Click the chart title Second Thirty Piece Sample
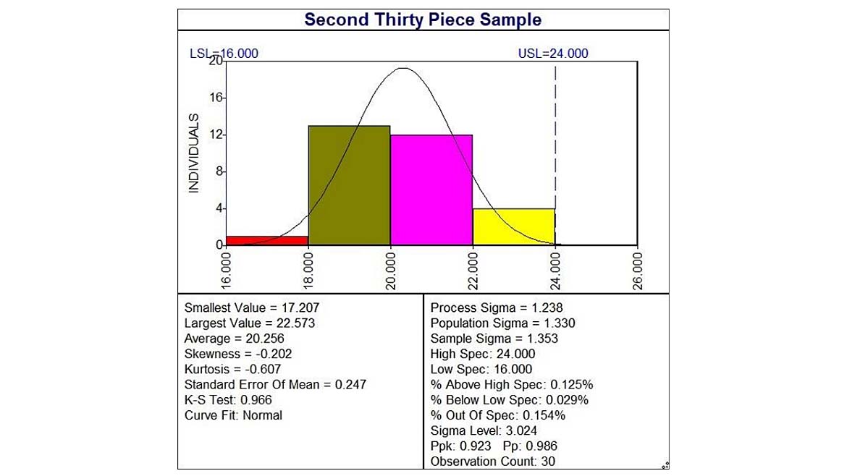(423, 20)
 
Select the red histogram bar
(267, 241)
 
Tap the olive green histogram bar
(350, 186)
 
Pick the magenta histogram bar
(431, 190)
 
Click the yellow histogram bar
(514, 226)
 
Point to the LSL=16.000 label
(224, 54)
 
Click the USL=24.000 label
(553, 54)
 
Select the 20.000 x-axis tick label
(390, 271)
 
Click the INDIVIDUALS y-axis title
(193, 153)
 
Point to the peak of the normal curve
(403, 68)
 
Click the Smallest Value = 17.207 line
(252, 307)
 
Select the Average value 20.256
(265, 339)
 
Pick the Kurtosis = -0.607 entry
(232, 369)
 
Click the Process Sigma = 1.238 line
(497, 307)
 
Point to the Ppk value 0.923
(476, 446)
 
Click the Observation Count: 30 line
(493, 462)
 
